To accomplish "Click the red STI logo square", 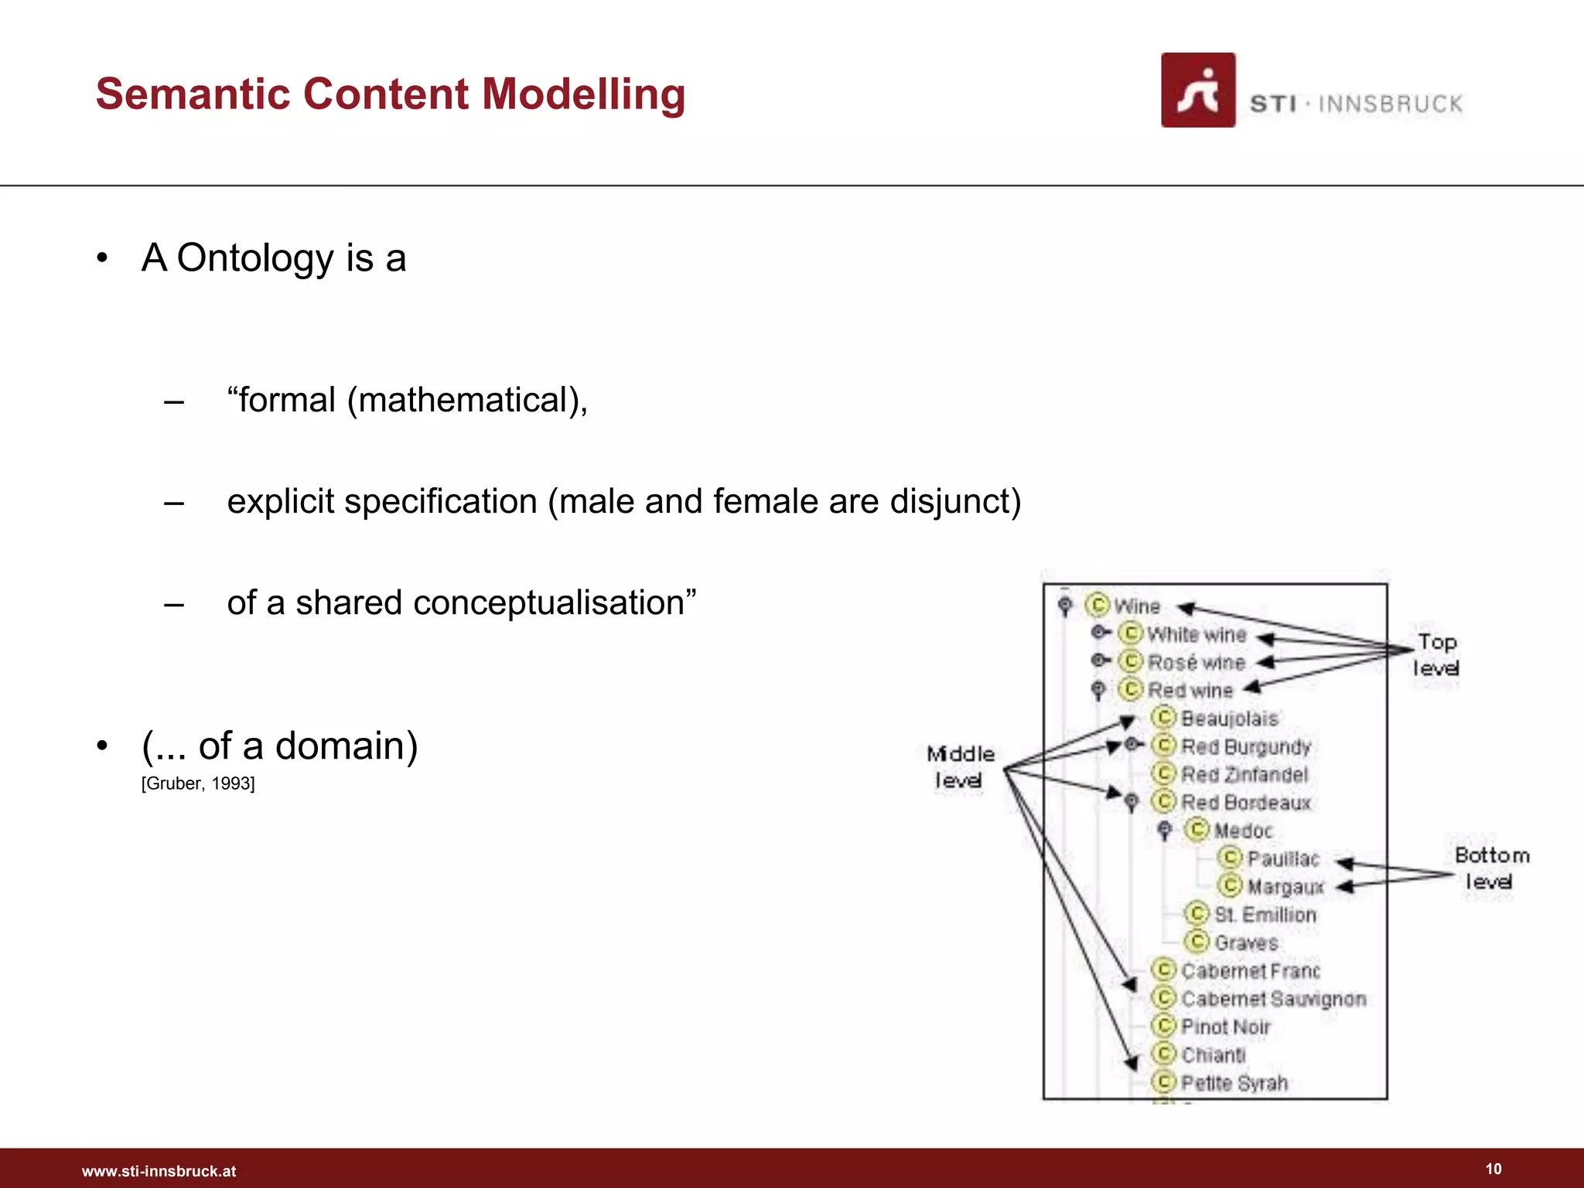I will (1197, 90).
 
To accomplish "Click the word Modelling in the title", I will (583, 94).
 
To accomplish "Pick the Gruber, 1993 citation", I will (198, 783).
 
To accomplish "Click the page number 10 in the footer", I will (1493, 1169).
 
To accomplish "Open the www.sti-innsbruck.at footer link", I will (159, 1171).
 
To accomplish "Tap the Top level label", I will (1436, 654).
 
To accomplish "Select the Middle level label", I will (960, 766).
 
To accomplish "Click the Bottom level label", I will (1491, 868).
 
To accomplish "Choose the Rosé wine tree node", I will (1196, 663).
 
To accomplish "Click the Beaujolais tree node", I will (1229, 719).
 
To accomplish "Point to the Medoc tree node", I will (1242, 831).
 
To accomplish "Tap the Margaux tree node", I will (1285, 886).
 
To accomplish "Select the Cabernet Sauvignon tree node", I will (1273, 999).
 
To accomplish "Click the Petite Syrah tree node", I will (1234, 1083).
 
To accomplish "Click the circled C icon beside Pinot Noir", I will (1163, 1026).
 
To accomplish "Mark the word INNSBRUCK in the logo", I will (1390, 104).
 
